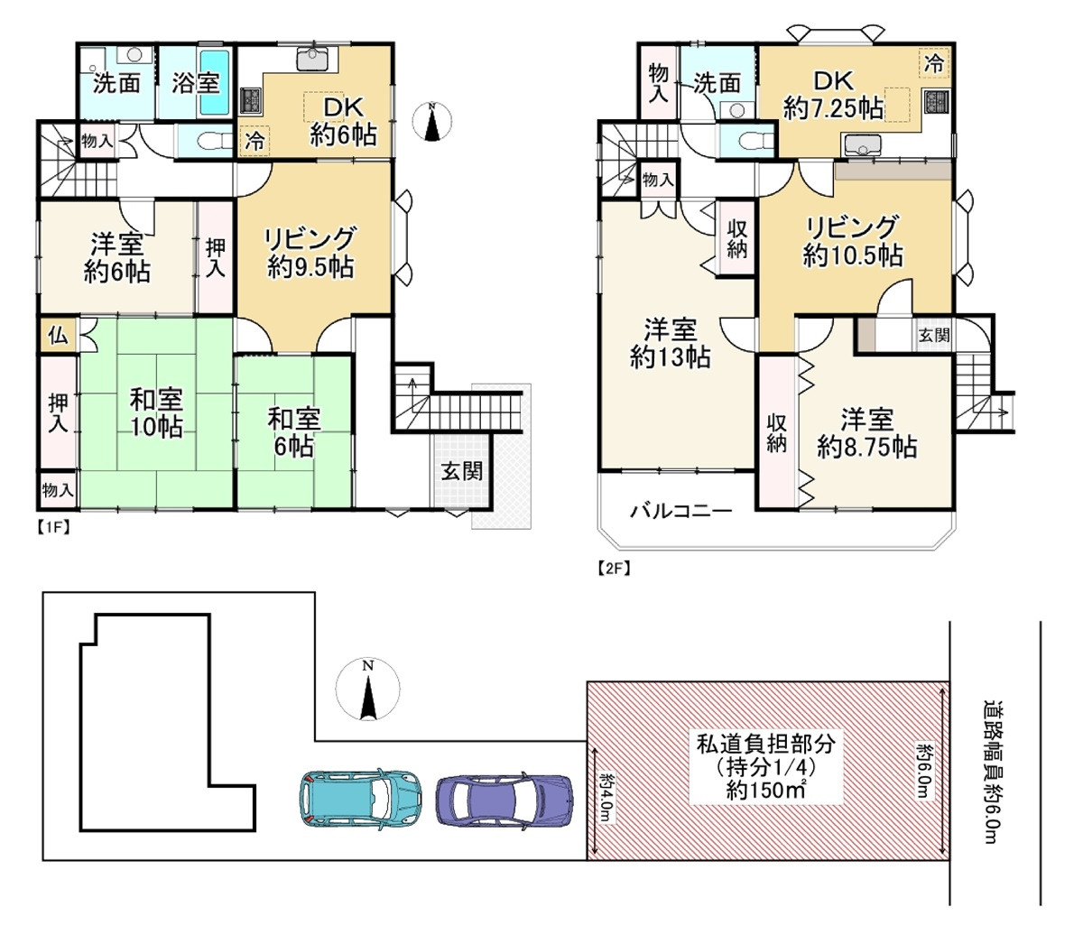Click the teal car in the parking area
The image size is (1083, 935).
pos(360,798)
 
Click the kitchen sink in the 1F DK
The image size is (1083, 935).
pos(313,59)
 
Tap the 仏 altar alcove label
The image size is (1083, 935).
pos(58,335)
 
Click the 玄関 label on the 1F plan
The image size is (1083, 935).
pos(461,471)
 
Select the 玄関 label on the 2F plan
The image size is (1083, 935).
pos(934,335)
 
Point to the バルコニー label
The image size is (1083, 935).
pos(680,511)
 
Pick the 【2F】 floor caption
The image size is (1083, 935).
pos(614,568)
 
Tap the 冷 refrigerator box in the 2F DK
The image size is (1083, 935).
pos(934,63)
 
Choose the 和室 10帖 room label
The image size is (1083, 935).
pos(156,413)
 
